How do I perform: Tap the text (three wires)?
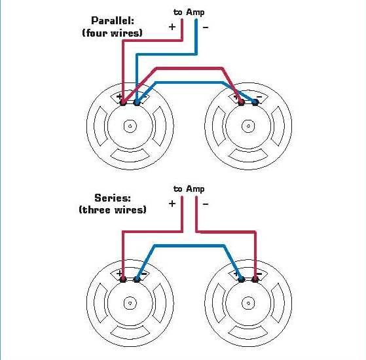(113, 209)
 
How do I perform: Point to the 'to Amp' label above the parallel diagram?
(189, 12)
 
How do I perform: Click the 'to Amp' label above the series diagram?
(189, 189)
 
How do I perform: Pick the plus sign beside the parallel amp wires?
(172, 27)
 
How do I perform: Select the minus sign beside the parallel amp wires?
(206, 27)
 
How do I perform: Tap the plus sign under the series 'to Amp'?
(172, 204)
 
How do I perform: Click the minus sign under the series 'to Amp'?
(206, 204)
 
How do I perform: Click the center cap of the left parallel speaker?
(131, 126)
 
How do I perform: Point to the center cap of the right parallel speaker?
(248, 126)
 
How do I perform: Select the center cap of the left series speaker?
(131, 303)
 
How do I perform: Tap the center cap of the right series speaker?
(248, 303)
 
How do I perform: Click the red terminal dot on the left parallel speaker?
(124, 101)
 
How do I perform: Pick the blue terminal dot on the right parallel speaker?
(255, 101)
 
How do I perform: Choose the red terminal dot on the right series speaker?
(255, 279)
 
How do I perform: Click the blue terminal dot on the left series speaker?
(137, 279)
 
